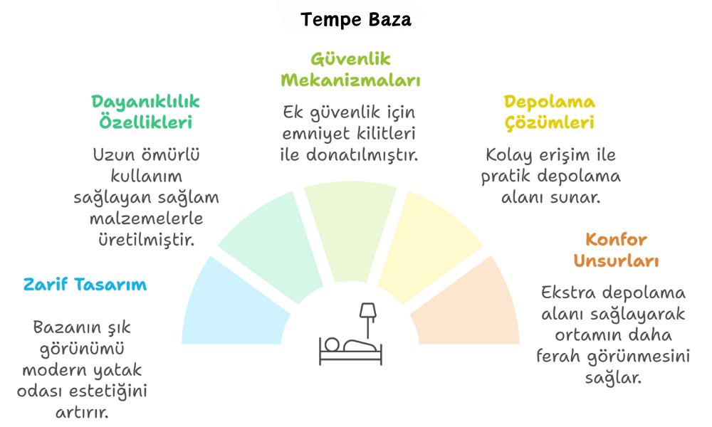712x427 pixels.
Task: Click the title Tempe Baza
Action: pyautogui.click(x=355, y=19)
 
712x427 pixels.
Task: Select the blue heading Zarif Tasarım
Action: pyautogui.click(x=85, y=285)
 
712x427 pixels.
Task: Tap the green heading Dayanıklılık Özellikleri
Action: pyautogui.click(x=145, y=112)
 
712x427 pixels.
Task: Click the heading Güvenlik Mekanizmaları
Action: pyautogui.click(x=350, y=70)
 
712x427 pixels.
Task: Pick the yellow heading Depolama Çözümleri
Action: pyautogui.click(x=550, y=112)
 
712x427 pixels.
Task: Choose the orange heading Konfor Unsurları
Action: pyautogui.click(x=616, y=250)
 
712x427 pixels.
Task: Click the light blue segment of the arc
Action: pyautogui.click(x=231, y=309)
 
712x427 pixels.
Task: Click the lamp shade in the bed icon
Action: pyautogui.click(x=368, y=311)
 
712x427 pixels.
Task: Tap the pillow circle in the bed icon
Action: pyautogui.click(x=332, y=344)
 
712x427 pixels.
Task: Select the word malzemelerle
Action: pyautogui.click(x=146, y=218)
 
